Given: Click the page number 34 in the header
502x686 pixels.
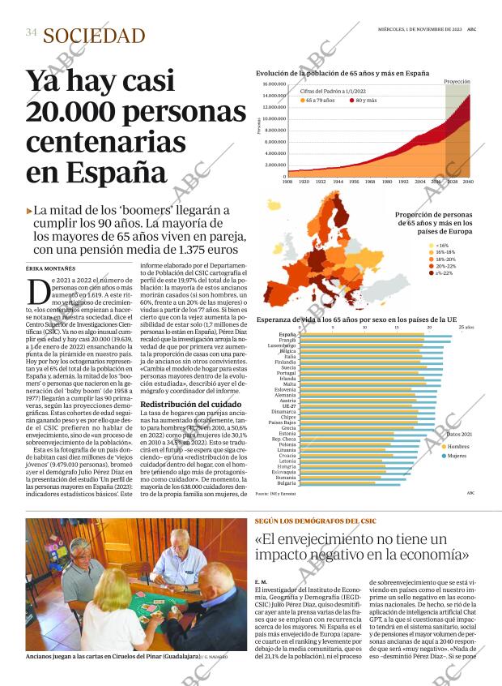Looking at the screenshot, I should [31, 33].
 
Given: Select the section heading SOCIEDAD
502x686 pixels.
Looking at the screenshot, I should [94, 36].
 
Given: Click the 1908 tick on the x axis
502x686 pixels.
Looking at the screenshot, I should [287, 182].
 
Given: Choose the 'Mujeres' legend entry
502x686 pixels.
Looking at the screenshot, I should [457, 457].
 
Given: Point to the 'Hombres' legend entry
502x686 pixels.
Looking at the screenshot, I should [457, 447].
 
